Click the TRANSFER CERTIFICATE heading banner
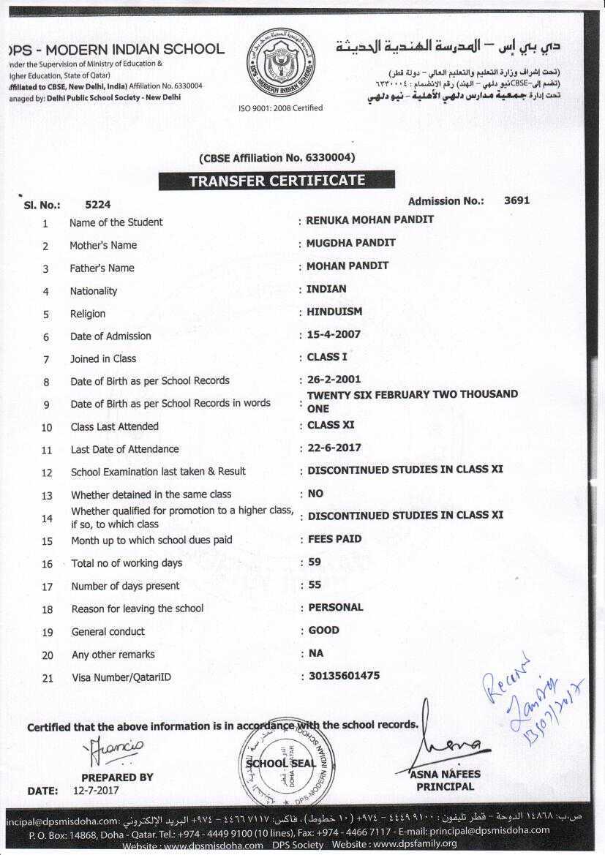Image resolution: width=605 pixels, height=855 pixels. click(277, 180)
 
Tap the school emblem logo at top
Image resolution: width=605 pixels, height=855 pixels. click(280, 64)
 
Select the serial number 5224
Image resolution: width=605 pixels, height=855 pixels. click(98, 205)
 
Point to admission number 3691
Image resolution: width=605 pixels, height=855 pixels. click(516, 200)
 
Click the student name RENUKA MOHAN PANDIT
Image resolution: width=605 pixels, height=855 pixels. click(369, 219)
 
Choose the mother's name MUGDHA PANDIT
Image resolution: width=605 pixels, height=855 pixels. click(350, 242)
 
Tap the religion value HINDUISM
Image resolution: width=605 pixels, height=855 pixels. click(334, 312)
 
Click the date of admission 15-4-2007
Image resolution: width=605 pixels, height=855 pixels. click(333, 334)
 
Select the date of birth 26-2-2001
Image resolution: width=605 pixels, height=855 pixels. click(334, 380)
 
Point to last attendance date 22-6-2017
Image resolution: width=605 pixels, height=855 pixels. click(334, 448)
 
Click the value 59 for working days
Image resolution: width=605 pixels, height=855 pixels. click(315, 562)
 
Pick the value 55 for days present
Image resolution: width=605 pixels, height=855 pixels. click(315, 584)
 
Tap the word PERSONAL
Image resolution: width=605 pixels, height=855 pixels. click(336, 607)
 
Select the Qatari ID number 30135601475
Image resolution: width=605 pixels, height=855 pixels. click(344, 676)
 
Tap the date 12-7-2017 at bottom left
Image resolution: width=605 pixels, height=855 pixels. click(95, 790)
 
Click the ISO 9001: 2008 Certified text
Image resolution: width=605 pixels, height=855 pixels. click(280, 108)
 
